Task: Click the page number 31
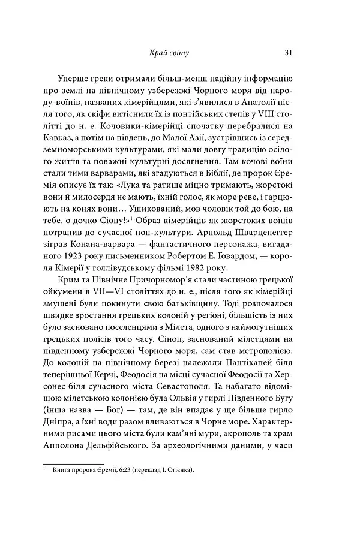point(288,53)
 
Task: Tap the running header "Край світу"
point(169,53)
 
